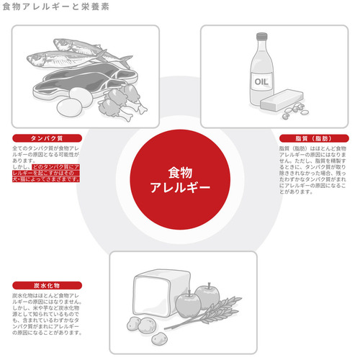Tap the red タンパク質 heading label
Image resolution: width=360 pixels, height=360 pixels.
point(48,138)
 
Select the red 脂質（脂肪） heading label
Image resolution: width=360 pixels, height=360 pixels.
point(312,138)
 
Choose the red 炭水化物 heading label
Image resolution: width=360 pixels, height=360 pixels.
point(48,285)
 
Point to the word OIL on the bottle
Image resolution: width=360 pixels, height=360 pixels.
point(261,81)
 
